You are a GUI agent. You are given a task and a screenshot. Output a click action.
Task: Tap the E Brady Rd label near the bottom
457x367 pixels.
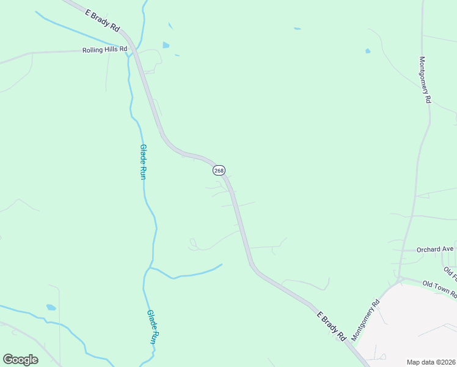332,326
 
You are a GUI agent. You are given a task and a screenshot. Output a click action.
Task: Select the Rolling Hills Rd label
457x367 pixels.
105,50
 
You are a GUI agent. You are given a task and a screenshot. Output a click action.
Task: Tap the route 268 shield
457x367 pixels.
219,170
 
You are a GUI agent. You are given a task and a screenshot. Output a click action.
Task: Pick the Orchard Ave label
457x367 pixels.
435,250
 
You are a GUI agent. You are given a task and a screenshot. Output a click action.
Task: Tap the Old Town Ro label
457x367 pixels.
439,289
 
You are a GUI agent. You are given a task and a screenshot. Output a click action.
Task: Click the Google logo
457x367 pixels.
20,359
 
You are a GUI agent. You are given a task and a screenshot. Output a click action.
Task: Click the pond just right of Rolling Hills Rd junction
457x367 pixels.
166,45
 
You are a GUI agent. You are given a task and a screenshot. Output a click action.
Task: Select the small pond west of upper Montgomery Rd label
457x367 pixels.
368,51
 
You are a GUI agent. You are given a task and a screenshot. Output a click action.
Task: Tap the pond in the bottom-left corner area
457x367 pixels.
51,307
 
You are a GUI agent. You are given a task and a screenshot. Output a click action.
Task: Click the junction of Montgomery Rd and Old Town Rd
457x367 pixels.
400,280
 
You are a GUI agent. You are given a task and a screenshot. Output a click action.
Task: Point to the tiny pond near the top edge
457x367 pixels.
297,29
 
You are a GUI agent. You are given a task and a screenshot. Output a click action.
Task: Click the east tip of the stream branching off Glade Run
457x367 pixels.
221,265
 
